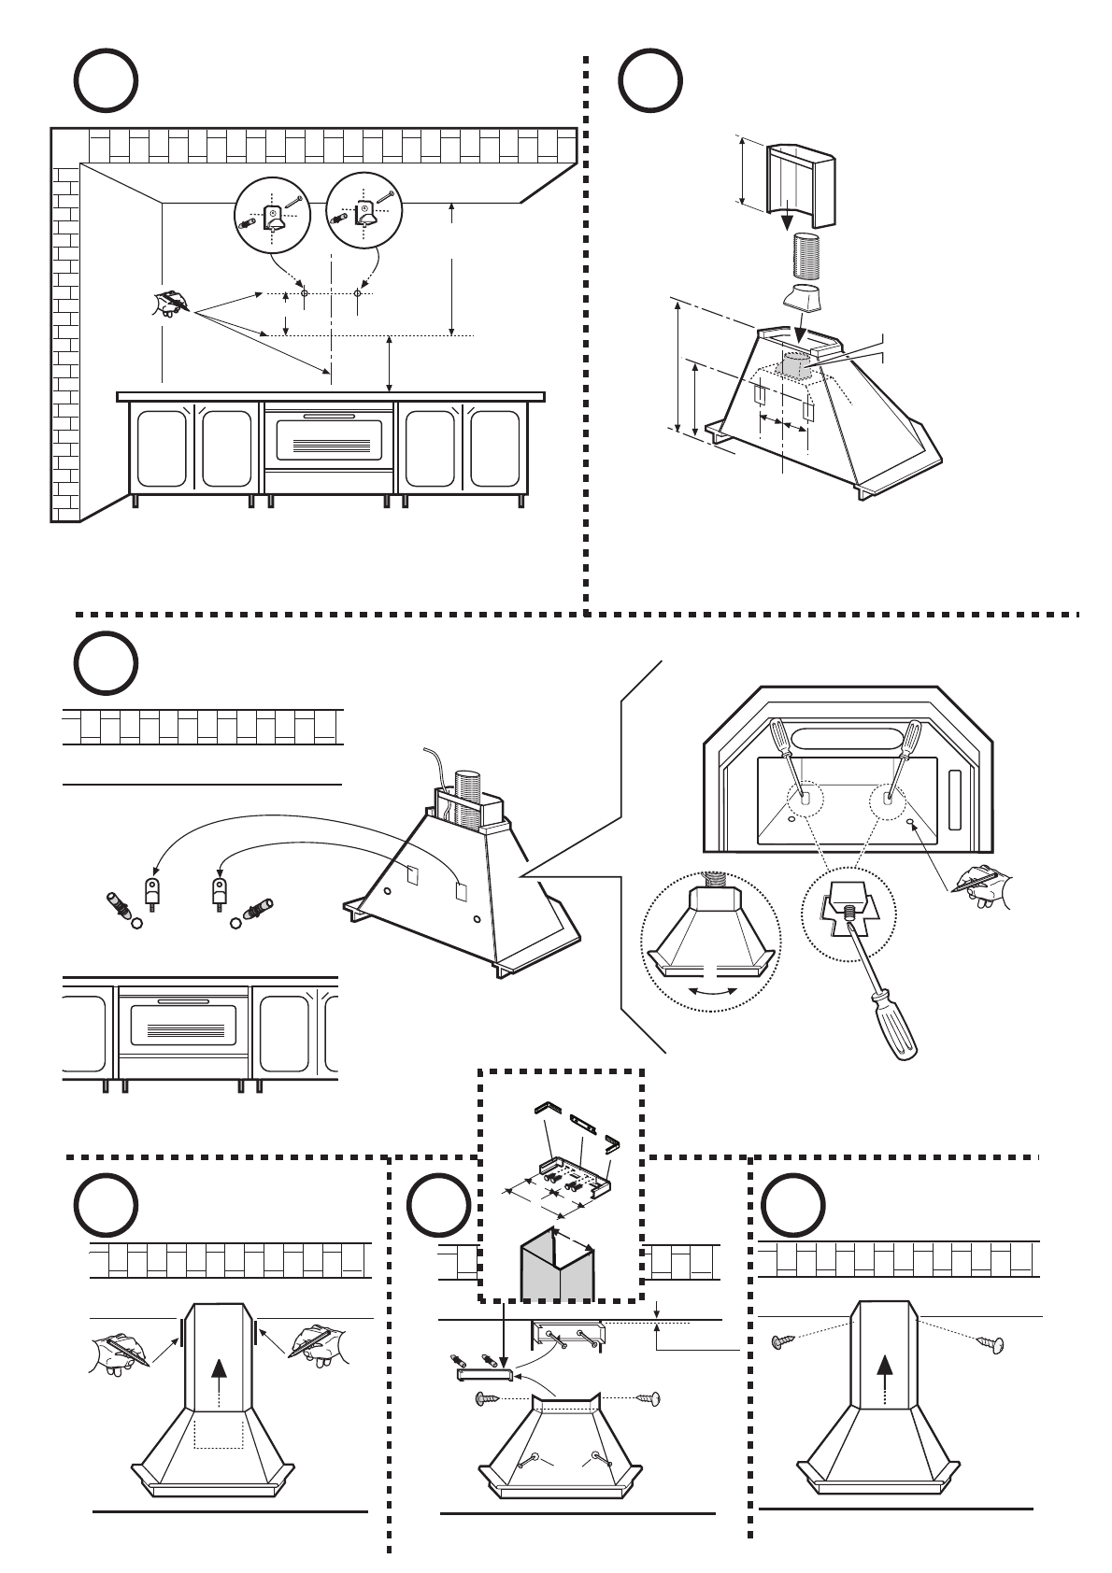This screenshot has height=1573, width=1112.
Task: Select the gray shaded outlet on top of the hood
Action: click(796, 365)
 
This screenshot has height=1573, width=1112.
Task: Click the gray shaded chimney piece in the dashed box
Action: click(557, 1267)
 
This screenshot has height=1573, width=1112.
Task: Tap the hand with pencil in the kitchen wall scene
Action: click(172, 304)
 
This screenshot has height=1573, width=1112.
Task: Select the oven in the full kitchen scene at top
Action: click(328, 443)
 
